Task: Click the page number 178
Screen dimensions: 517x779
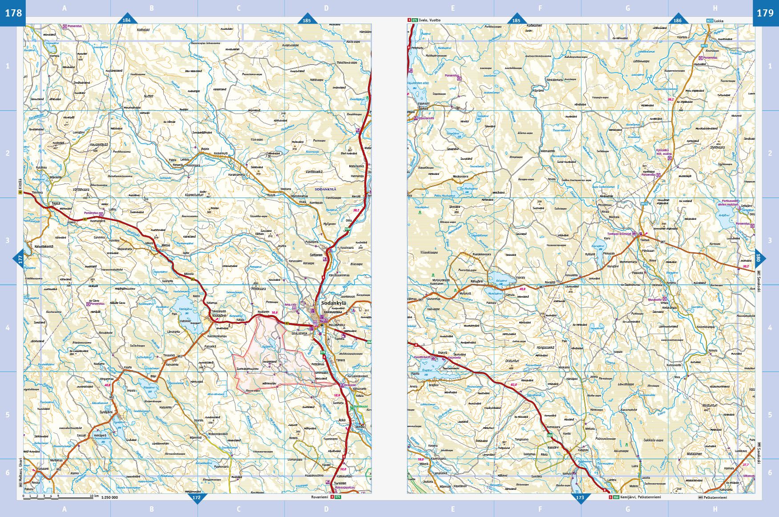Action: point(13,13)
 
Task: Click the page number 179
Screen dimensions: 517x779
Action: point(765,13)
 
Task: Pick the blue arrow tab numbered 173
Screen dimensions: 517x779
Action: point(580,497)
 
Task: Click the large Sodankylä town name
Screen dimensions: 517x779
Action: point(333,303)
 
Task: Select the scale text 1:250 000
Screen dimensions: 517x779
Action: point(109,497)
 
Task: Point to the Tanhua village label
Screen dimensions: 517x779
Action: point(644,240)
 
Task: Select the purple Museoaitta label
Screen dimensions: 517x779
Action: point(655,300)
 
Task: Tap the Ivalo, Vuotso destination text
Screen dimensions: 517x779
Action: point(429,20)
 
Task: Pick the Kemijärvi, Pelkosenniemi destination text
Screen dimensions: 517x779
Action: point(640,497)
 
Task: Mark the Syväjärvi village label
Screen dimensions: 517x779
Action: point(106,412)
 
